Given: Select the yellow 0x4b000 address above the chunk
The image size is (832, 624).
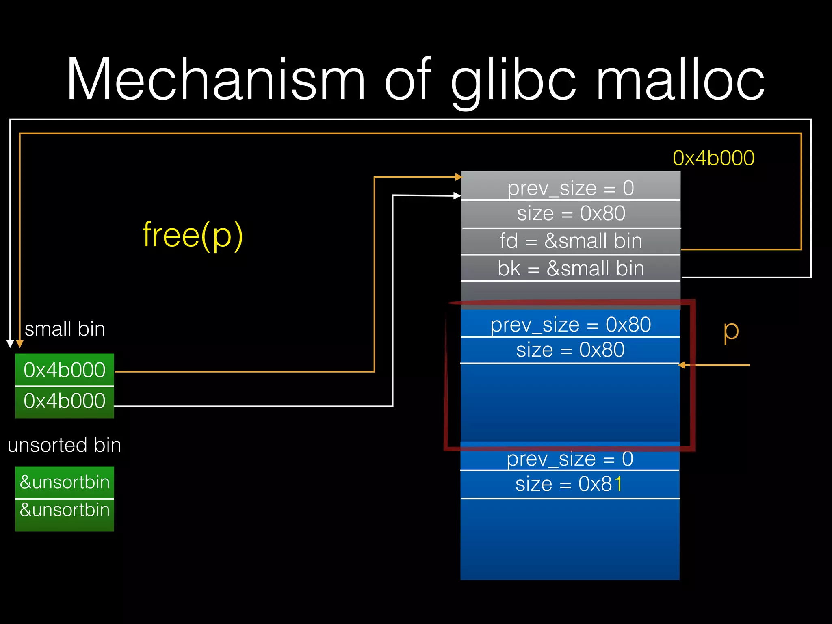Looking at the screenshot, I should pyautogui.click(x=713, y=158).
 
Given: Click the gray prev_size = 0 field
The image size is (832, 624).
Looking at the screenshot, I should pyautogui.click(x=570, y=188).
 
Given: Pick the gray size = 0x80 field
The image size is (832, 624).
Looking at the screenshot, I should pyautogui.click(x=570, y=214).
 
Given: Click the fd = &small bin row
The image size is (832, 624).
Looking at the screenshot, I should pyautogui.click(x=570, y=241).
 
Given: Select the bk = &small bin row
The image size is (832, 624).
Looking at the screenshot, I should pyautogui.click(x=570, y=268).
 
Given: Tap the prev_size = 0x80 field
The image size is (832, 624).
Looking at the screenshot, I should pyautogui.click(x=570, y=325).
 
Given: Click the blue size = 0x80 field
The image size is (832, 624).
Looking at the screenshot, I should pyautogui.click(x=570, y=350).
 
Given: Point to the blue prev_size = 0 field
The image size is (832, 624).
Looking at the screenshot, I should pyautogui.click(x=570, y=459).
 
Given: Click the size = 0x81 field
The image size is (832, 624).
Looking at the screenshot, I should pyautogui.click(x=569, y=484).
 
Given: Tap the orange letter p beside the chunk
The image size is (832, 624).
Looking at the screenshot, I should pyautogui.click(x=731, y=331).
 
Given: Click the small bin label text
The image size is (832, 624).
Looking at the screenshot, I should pyautogui.click(x=65, y=329).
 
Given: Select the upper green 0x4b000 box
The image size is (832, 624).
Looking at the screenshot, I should pyautogui.click(x=65, y=370).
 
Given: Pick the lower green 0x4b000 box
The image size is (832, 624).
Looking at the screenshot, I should pyautogui.click(x=65, y=401).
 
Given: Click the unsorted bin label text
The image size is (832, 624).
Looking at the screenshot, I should pyautogui.click(x=64, y=445).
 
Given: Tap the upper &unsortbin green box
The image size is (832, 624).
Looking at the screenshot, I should pyautogui.click(x=65, y=482).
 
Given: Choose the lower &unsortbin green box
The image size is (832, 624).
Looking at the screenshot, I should pyautogui.click(x=65, y=510).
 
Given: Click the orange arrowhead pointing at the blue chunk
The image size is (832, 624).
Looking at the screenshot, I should pyautogui.click(x=682, y=365).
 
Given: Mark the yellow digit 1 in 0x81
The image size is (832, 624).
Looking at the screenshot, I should pyautogui.click(x=618, y=484).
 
